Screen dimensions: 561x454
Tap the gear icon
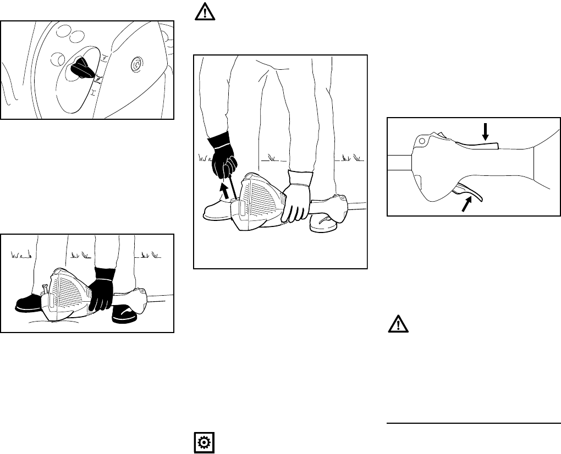coord(202,442)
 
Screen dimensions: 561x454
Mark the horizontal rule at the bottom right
coord(474,423)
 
